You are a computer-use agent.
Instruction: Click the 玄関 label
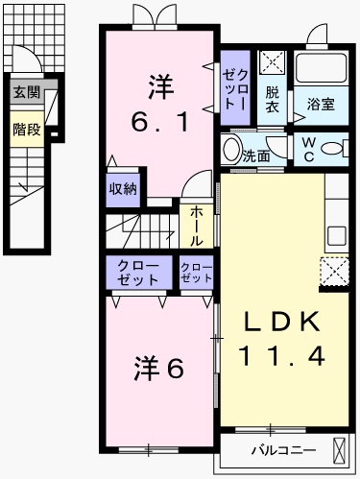pos(27,93)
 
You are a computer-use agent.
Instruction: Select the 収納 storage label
pos(121,188)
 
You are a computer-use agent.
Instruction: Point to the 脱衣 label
pos(274,99)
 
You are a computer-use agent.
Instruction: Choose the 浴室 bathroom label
pos(321,104)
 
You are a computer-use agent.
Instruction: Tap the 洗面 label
pos(255,154)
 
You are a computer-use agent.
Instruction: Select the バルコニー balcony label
pos(277,448)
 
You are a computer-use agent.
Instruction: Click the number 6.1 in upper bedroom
pos(158,122)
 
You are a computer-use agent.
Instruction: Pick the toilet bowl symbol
pos(332,148)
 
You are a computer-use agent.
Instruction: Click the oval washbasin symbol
pos(231,150)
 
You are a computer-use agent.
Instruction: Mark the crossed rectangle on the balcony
pos(340,449)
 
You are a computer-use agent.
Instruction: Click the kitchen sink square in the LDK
pos(337,234)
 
